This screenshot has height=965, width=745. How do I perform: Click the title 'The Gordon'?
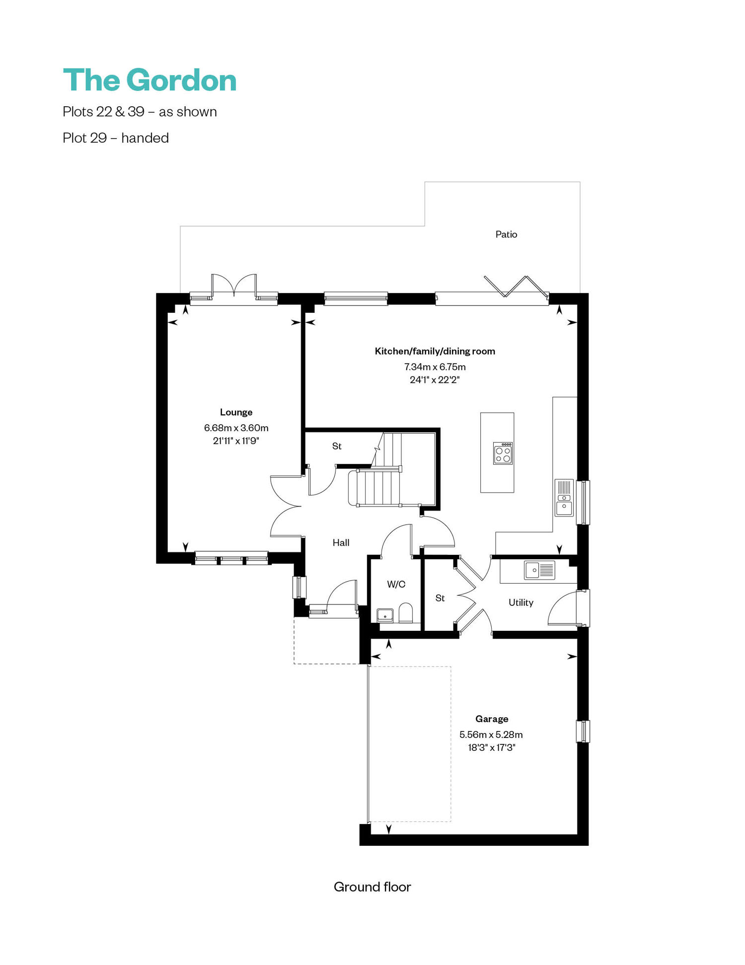tap(149, 80)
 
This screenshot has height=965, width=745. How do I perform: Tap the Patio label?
tap(506, 234)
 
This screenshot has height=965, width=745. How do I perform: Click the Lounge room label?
tap(236, 412)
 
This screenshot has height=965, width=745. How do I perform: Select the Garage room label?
tap(492, 719)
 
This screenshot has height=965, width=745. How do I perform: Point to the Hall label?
tap(341, 543)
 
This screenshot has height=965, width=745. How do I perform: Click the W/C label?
tap(396, 585)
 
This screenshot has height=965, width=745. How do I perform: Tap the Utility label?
tap(521, 602)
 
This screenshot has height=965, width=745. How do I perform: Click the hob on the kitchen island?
tap(503, 453)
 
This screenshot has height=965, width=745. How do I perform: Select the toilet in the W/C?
tap(406, 613)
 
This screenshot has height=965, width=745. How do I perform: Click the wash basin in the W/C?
tap(385, 616)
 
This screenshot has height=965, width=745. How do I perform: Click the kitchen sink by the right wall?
tap(564, 498)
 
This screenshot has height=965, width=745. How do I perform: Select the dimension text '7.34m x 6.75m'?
tap(435, 367)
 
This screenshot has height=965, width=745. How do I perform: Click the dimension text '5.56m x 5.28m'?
tap(491, 735)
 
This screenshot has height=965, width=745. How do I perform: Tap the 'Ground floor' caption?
tap(372, 887)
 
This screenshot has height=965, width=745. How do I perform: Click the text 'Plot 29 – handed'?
tap(116, 138)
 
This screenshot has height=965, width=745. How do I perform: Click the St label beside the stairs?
tap(337, 446)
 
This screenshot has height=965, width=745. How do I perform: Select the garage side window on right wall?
tap(583, 731)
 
